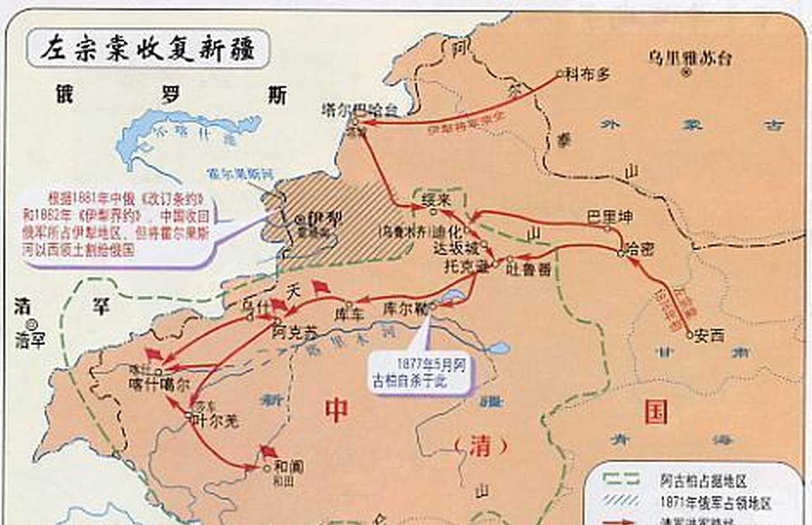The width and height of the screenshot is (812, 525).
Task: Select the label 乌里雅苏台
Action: (690, 58)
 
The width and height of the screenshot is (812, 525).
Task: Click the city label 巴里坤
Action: (610, 217)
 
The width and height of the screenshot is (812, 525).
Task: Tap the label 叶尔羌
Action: (216, 420)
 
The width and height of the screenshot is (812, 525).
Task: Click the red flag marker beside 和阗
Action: (268, 451)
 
